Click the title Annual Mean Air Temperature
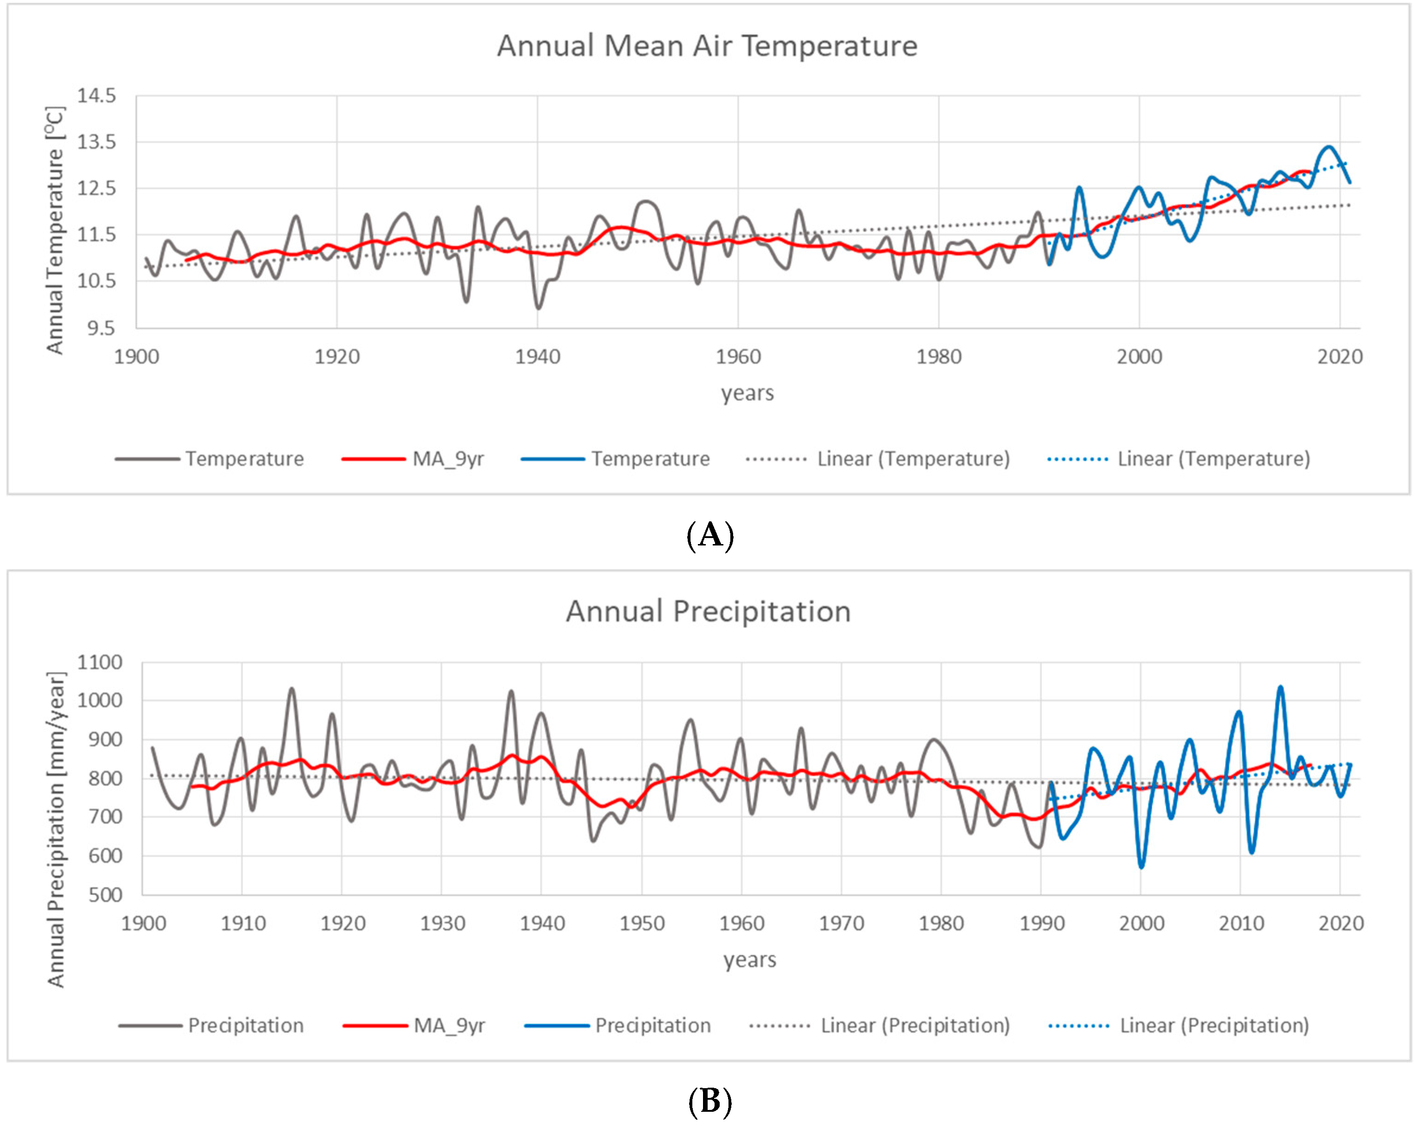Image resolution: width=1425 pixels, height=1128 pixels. tap(707, 46)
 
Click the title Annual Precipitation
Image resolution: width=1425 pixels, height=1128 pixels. tap(708, 612)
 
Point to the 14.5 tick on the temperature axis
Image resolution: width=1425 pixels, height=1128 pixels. tap(96, 96)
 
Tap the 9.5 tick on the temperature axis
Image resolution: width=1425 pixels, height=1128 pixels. tap(101, 328)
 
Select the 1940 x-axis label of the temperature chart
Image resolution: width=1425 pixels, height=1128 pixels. tap(538, 357)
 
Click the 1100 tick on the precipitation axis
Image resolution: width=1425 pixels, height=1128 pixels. tap(100, 662)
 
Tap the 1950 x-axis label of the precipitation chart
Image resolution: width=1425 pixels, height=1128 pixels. tap(642, 923)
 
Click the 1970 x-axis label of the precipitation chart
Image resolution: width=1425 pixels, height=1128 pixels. tap(841, 923)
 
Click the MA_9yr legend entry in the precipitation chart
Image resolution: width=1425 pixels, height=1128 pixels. tap(449, 1026)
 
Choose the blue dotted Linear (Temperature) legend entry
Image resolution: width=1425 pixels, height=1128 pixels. tap(1214, 459)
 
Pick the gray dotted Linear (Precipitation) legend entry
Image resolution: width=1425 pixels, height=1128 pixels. tap(915, 1026)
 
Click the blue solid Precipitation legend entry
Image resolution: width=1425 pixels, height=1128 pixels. tap(652, 1026)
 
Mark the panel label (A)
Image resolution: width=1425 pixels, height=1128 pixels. tap(710, 535)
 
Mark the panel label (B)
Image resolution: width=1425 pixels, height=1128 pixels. tap(710, 1102)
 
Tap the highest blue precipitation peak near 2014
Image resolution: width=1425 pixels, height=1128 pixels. tap(1280, 687)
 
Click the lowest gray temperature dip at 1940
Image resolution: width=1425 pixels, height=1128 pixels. tap(538, 308)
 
